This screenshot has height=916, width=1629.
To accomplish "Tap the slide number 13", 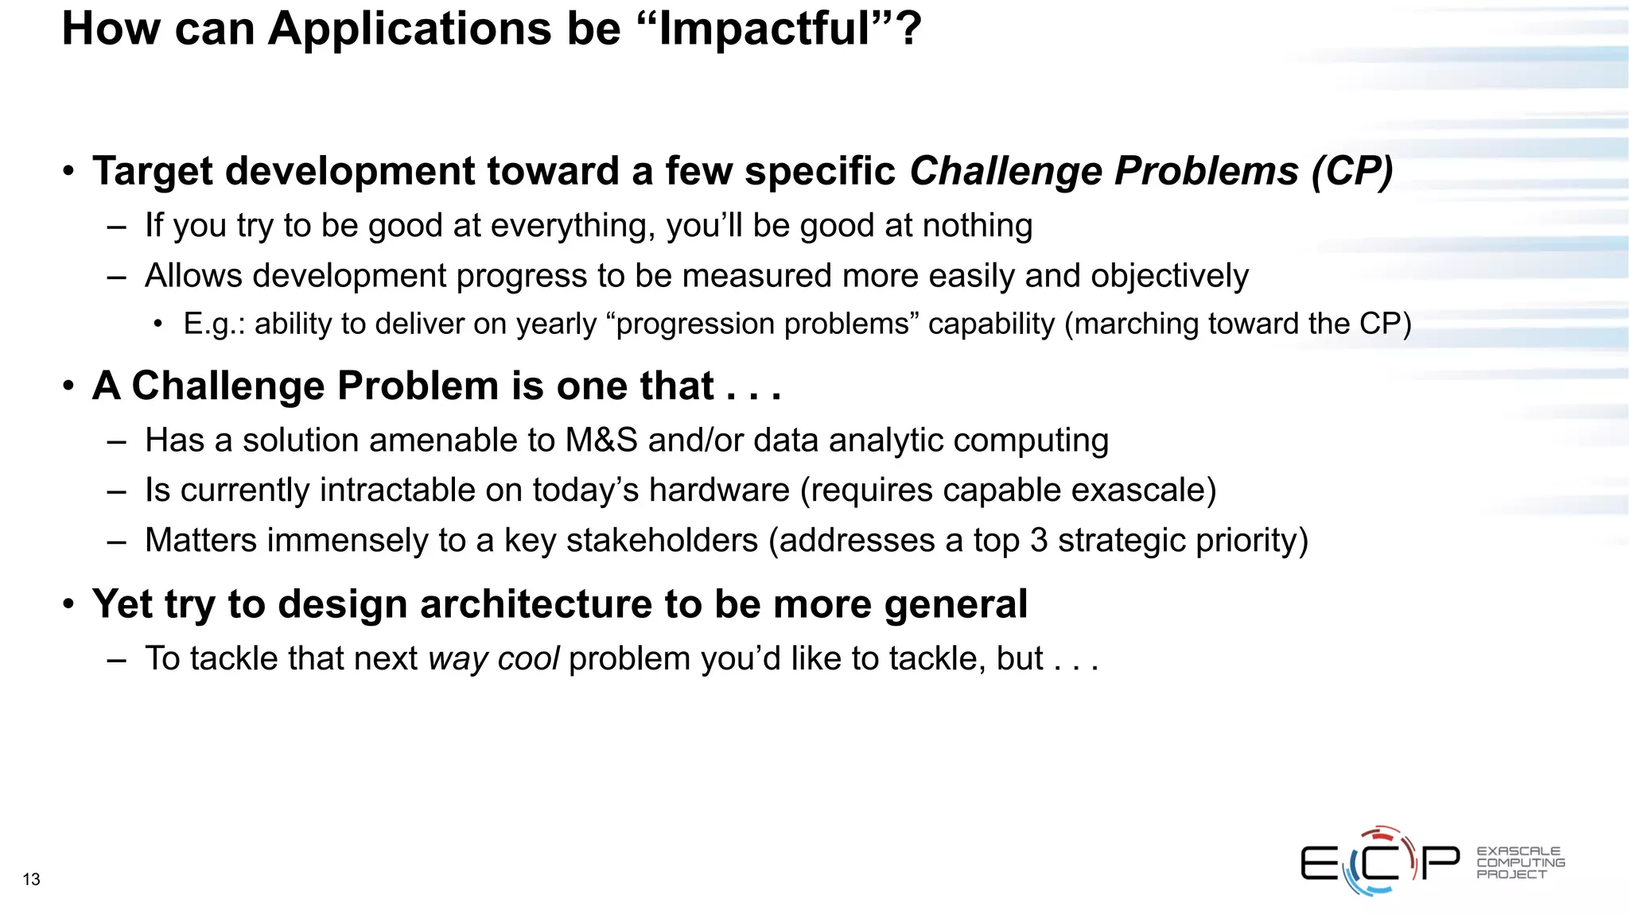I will coord(31,879).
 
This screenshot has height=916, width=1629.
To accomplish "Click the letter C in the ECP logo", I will coord(1381,863).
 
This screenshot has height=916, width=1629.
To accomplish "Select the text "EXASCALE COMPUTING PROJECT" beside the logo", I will coord(1520,863).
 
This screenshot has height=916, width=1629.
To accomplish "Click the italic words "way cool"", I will coord(493,659).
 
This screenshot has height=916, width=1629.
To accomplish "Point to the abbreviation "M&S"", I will coord(601,441).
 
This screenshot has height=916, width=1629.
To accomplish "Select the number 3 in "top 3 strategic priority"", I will coord(1039,541).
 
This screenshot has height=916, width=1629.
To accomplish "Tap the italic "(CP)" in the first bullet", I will coord(1352,171).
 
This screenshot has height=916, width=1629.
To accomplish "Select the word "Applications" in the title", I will coord(410,29).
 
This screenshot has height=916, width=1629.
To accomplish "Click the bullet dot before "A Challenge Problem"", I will coord(69,386).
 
